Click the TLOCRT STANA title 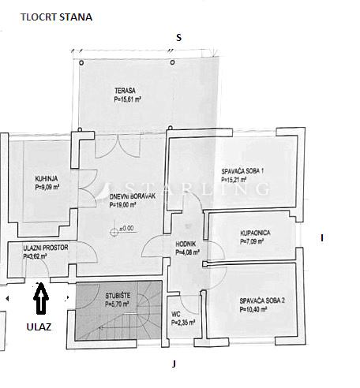pos(56,17)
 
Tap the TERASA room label pos(125,91)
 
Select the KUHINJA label pos(47,179)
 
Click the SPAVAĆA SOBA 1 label pos(242,171)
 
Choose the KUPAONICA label pos(255,233)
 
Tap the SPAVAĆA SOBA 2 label pos(262,300)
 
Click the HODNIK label pos(186,244)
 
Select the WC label pos(176,314)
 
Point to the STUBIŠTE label pos(118,296)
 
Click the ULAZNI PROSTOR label pos(46,248)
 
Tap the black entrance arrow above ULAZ pos(41,298)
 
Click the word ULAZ pos(39,326)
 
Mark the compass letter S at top pos(179,38)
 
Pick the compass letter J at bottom pos(174,364)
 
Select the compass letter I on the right pos(322,238)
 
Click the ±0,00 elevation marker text pos(126,229)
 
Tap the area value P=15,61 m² pos(128,99)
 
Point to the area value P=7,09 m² pos(252,241)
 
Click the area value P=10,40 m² pos(253,309)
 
